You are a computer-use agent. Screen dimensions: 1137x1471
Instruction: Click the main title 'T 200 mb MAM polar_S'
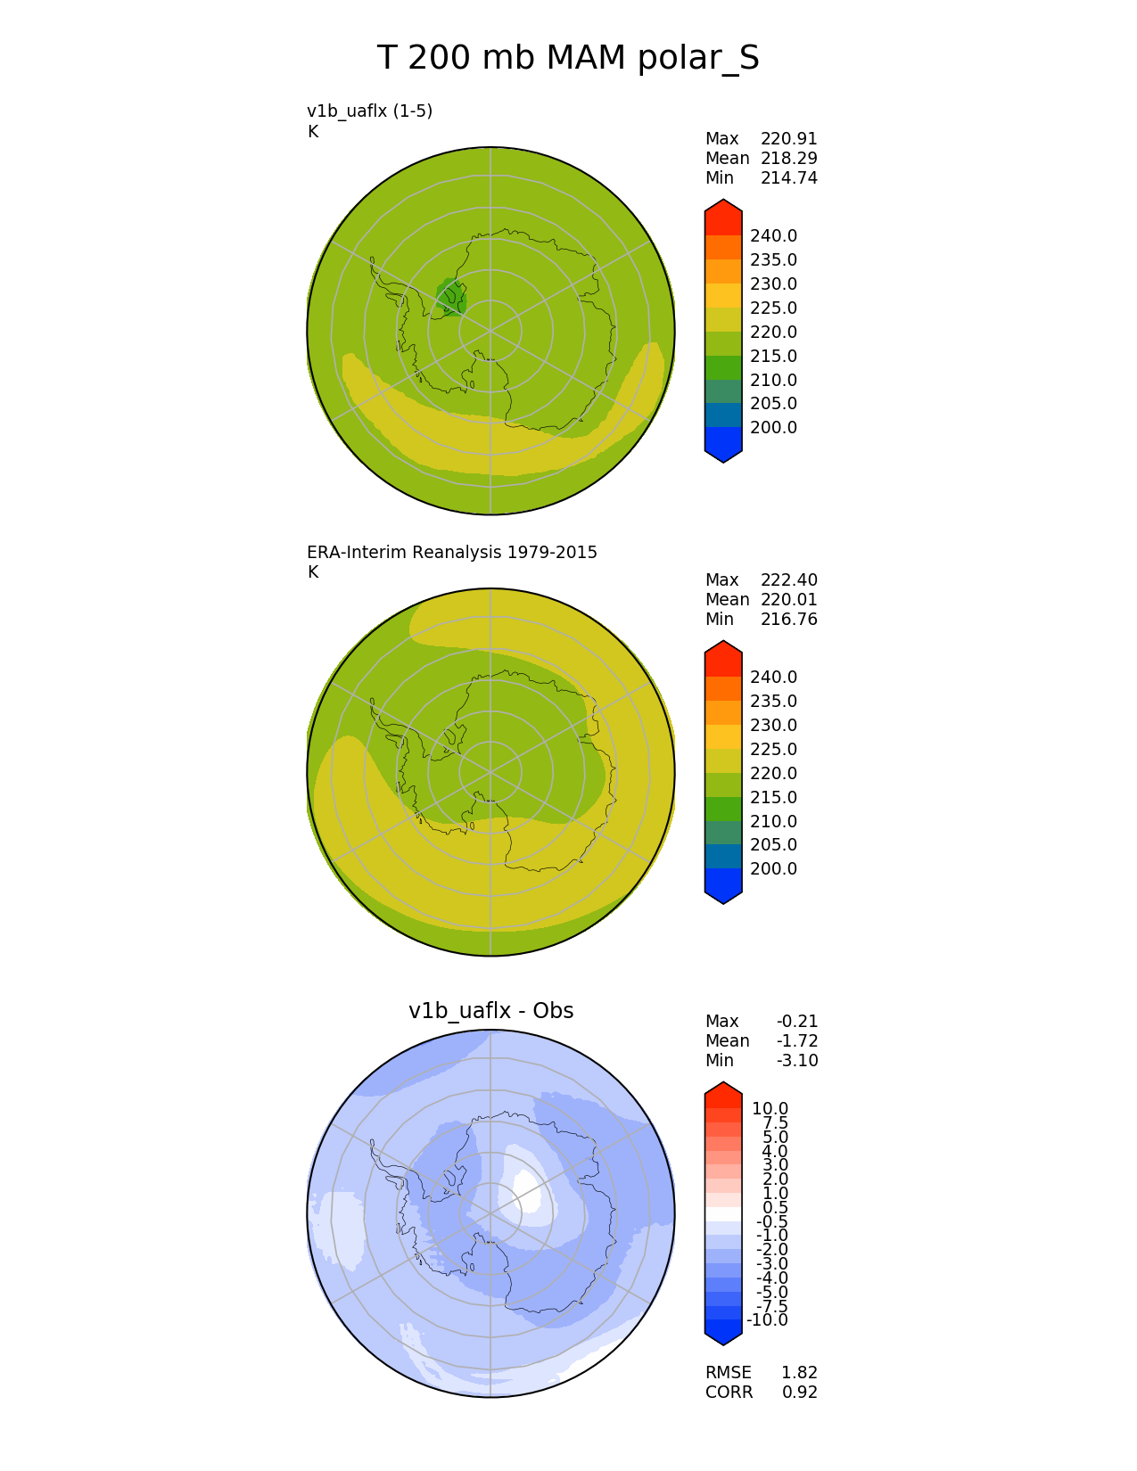click(x=567, y=57)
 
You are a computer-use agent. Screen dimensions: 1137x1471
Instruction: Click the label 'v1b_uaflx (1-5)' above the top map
click(x=370, y=111)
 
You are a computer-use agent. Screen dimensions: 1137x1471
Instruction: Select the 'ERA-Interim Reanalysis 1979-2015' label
click(x=452, y=552)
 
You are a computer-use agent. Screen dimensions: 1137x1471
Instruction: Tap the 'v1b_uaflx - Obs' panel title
click(x=491, y=1010)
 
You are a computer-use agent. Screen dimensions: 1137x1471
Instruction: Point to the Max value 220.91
click(x=789, y=139)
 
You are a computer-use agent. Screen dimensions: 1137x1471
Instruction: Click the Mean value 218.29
click(x=789, y=159)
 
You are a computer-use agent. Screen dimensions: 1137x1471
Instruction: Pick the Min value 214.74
click(x=789, y=178)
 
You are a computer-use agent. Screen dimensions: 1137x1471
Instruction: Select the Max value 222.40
click(x=789, y=580)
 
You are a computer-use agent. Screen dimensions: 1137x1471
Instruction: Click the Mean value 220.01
click(x=789, y=600)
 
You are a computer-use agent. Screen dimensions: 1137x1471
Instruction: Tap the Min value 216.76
click(x=789, y=620)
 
